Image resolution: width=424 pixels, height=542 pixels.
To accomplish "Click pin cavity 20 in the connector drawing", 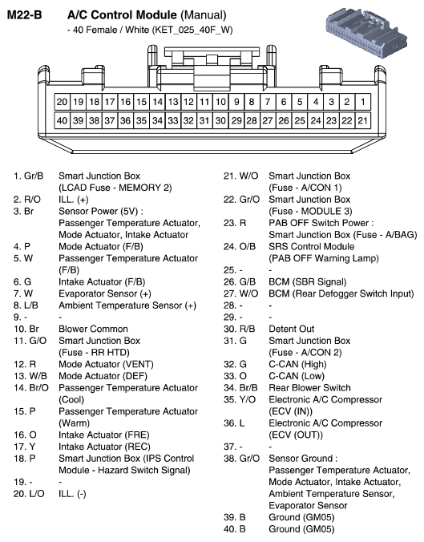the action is [63, 103].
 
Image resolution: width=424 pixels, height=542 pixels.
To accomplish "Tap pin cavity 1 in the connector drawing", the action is [362, 103].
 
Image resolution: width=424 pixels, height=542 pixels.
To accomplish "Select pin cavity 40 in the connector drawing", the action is [63, 119].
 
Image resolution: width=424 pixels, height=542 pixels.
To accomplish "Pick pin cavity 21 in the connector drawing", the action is [362, 119].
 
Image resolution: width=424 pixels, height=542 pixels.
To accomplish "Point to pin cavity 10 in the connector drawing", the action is [220, 103].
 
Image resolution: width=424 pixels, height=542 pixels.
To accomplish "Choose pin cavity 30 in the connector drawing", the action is [220, 119].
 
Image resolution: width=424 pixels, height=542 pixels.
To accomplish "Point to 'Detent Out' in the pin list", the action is [291, 329].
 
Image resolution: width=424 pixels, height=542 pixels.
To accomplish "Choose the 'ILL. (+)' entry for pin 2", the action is [74, 198].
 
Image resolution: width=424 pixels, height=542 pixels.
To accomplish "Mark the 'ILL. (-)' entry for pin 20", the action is [73, 494].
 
